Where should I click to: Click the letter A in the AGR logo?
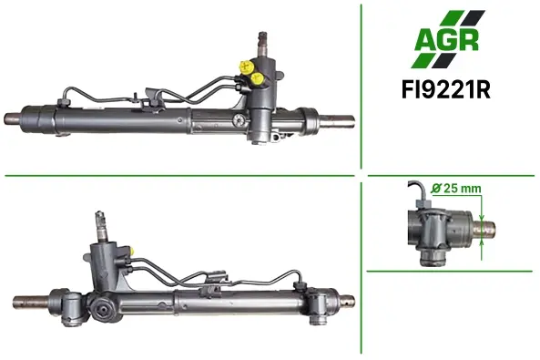click(425, 39)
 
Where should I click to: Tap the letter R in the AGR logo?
click(469, 40)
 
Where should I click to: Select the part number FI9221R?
click(445, 90)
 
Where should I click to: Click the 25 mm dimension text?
click(462, 189)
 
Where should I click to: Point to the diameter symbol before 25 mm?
click(436, 189)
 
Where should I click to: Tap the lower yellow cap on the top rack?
click(258, 78)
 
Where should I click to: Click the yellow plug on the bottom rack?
click(132, 251)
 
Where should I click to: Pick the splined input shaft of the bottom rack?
click(101, 225)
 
